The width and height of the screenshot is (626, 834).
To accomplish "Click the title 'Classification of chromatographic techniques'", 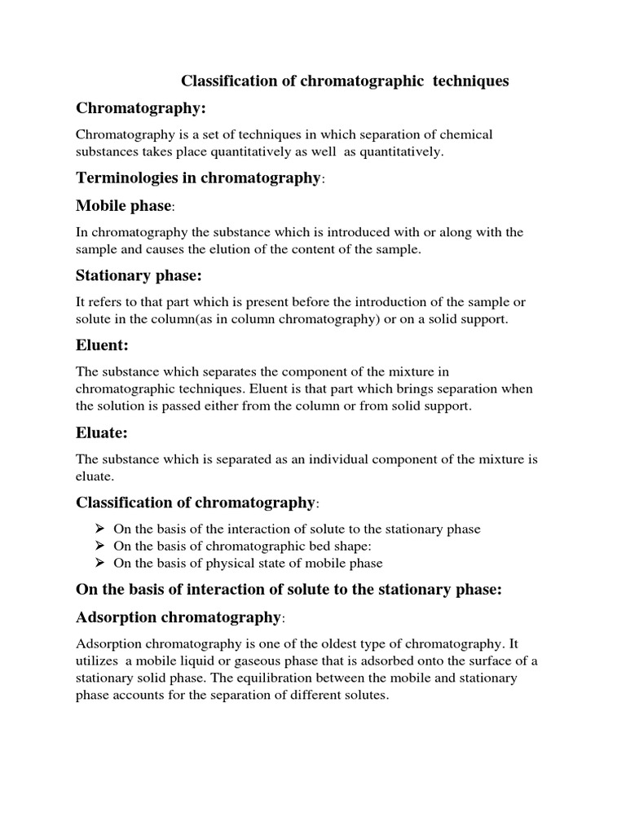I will [x=344, y=81].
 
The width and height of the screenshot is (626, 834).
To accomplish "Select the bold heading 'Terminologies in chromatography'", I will [x=198, y=178].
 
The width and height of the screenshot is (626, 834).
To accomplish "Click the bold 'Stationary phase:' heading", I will [x=139, y=275].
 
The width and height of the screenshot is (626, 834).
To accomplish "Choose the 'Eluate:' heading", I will [x=102, y=432].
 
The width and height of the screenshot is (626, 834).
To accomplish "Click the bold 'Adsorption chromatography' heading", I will [x=177, y=617].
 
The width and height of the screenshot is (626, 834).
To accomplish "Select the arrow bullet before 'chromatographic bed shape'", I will [x=101, y=546].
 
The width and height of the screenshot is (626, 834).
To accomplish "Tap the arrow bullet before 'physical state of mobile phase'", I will [x=101, y=564].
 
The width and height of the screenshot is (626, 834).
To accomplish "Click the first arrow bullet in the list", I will [x=101, y=529].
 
